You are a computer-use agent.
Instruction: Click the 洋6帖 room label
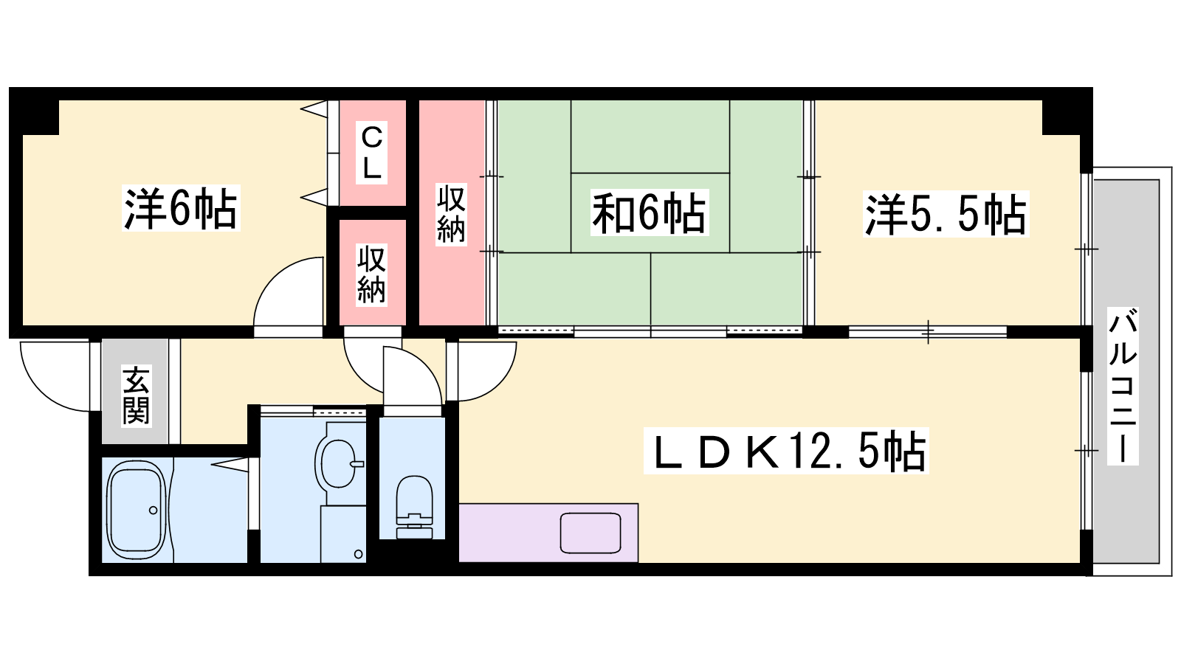(181, 208)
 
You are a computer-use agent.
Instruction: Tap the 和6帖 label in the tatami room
(649, 213)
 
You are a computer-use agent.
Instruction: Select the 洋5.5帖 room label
(946, 214)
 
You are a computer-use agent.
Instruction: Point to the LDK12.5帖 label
(786, 451)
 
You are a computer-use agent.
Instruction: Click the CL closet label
(372, 153)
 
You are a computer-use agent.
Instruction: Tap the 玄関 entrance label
(136, 395)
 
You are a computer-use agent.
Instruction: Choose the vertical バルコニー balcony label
(1123, 386)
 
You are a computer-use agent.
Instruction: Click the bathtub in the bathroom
(137, 510)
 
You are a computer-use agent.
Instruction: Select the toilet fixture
(414, 507)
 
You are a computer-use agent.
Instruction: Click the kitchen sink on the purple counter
(590, 533)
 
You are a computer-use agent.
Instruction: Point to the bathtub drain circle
(153, 510)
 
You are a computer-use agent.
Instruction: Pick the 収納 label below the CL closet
(372, 274)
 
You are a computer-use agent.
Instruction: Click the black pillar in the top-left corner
(34, 111)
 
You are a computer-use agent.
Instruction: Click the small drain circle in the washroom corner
(359, 554)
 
